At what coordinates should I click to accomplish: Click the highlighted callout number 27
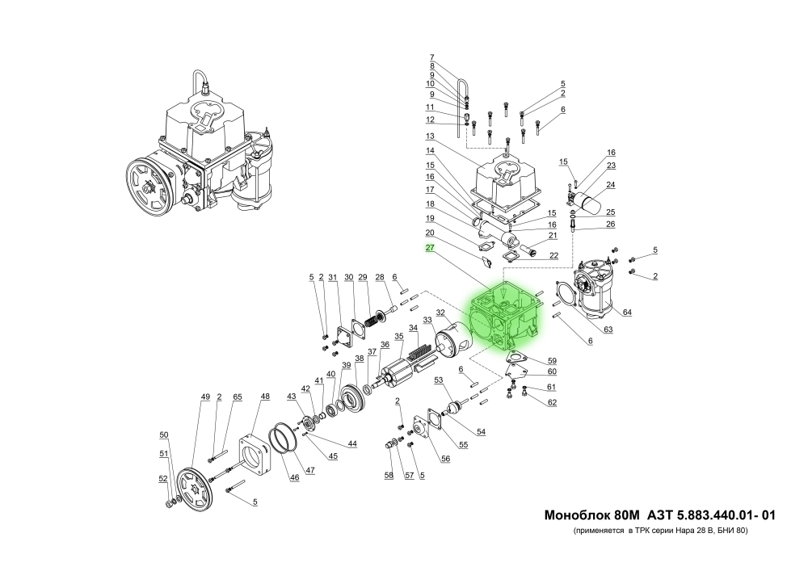[x=431, y=249]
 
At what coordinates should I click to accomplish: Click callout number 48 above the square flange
[x=265, y=397]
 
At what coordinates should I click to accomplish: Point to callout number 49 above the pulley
[x=205, y=397]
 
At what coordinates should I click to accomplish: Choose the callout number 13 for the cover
[x=431, y=136]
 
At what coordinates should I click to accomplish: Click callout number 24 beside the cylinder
[x=611, y=184]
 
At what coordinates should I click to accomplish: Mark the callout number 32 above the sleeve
[x=440, y=313]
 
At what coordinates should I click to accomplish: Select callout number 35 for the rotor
[x=398, y=336]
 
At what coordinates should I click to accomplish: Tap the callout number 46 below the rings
[x=295, y=477]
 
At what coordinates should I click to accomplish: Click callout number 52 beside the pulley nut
[x=163, y=479]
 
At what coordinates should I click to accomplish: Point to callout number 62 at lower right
[x=552, y=402]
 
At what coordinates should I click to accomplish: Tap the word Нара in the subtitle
[x=693, y=532]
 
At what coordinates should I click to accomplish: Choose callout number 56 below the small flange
[x=444, y=458]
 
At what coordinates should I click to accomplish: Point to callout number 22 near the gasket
[x=553, y=255]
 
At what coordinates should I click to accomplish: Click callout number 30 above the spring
[x=349, y=278]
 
